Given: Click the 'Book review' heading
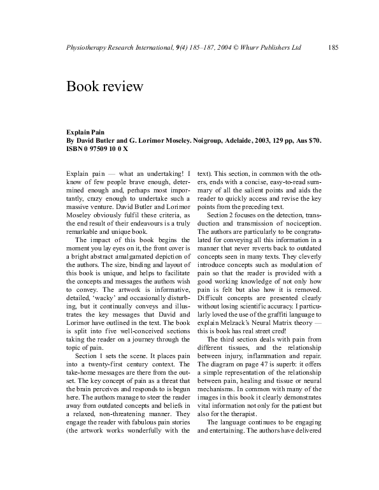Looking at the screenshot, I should [104, 86].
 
